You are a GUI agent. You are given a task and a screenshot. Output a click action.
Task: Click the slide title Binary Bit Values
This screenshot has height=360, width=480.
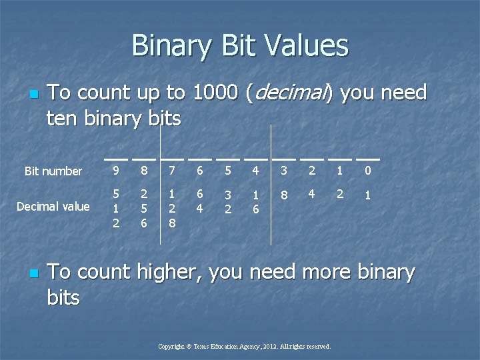(240, 46)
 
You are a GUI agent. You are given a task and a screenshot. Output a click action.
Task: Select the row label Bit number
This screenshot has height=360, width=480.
(53, 171)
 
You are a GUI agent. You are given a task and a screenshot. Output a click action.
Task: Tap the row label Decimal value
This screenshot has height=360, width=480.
(53, 206)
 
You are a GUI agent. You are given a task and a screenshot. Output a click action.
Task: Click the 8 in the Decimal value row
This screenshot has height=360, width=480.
(284, 195)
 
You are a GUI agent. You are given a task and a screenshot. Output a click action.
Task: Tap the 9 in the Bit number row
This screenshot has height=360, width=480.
(116, 171)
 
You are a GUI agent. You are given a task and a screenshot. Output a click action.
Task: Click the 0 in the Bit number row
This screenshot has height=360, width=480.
(367, 171)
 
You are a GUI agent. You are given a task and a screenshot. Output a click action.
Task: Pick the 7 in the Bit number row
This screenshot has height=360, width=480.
(172, 171)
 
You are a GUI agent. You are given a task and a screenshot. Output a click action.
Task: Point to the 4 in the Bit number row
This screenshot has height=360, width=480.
(255, 171)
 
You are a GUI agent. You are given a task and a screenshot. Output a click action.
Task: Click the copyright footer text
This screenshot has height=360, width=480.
(244, 347)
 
